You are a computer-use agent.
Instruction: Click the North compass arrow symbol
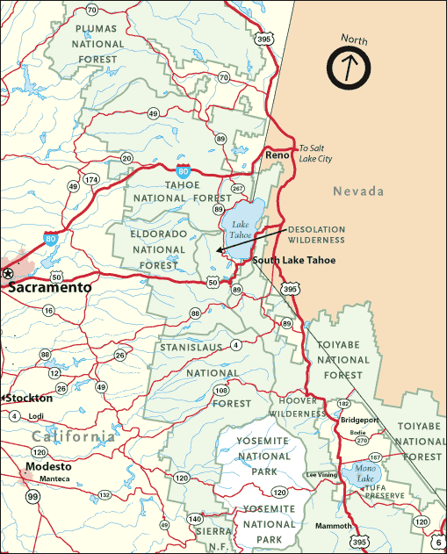[350, 65]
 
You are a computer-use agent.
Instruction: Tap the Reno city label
[278, 155]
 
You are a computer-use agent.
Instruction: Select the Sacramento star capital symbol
[8, 274]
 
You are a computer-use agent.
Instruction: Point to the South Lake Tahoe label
[293, 260]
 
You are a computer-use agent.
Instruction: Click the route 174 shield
[91, 179]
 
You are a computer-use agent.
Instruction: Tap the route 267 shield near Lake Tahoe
[236, 188]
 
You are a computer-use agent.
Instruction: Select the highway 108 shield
[221, 390]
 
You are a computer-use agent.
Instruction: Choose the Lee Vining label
[322, 474]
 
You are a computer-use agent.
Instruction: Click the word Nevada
[358, 191]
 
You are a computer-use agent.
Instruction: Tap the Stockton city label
[30, 398]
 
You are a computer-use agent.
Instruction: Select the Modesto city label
[48, 466]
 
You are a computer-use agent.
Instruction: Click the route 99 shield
[32, 497]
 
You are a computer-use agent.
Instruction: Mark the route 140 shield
[194, 520]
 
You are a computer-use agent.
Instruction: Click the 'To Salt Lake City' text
[316, 153]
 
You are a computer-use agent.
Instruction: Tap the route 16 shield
[47, 311]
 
